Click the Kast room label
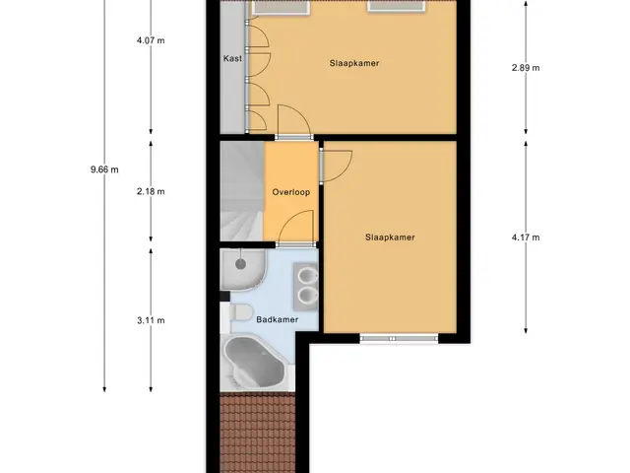point(232,59)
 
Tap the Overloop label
point(291,192)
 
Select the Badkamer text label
point(278,319)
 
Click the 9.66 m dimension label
point(104,169)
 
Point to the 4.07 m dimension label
point(151,40)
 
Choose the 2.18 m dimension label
point(151,191)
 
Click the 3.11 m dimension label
point(151,320)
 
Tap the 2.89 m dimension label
point(526,68)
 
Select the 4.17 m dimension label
point(526,237)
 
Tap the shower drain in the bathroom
point(240,264)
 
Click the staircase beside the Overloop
point(242,191)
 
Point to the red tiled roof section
point(257,433)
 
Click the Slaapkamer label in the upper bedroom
point(354,63)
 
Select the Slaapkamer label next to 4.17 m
point(390,237)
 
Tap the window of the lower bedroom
point(399,339)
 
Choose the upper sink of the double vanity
point(308,276)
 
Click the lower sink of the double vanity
point(308,296)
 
